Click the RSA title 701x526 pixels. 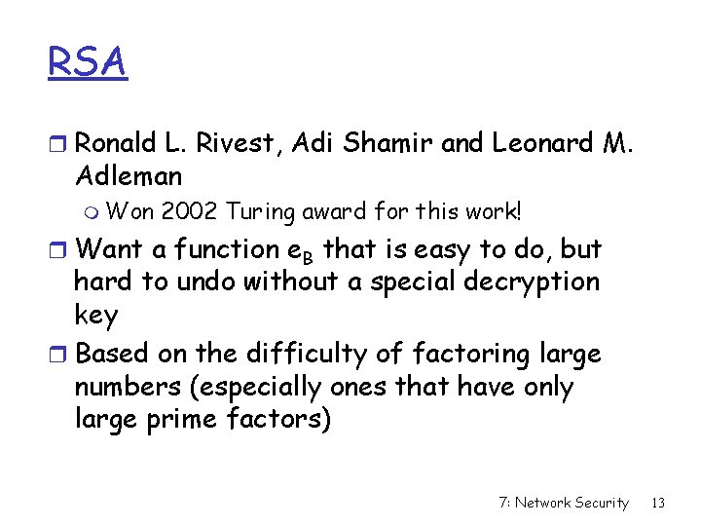[x=88, y=63]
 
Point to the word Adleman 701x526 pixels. [x=128, y=176]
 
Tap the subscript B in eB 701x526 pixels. [x=310, y=257]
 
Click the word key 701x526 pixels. [x=95, y=317]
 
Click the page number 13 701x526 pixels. [x=657, y=503]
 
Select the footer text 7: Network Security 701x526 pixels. [x=563, y=503]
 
